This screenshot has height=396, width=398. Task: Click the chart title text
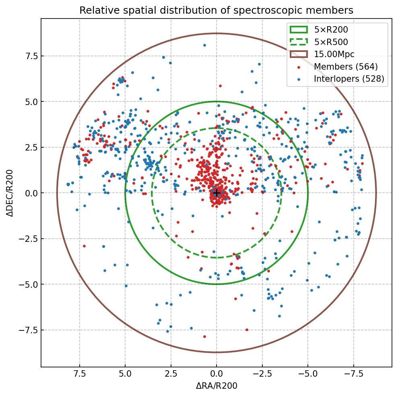click(x=216, y=10)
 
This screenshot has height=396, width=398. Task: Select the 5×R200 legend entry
click(x=331, y=29)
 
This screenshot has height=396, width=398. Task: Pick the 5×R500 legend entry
click(x=331, y=42)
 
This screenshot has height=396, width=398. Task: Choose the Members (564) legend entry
click(x=346, y=66)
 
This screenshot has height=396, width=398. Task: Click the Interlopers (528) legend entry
click(x=349, y=79)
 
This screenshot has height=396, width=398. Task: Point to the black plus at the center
click(x=217, y=193)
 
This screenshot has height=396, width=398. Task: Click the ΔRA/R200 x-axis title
click(x=217, y=386)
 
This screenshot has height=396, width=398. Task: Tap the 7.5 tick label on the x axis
click(x=80, y=374)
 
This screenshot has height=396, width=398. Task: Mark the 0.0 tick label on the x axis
click(x=217, y=374)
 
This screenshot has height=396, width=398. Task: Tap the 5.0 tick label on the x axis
click(x=125, y=374)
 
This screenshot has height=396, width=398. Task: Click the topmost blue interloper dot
click(x=204, y=45)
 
